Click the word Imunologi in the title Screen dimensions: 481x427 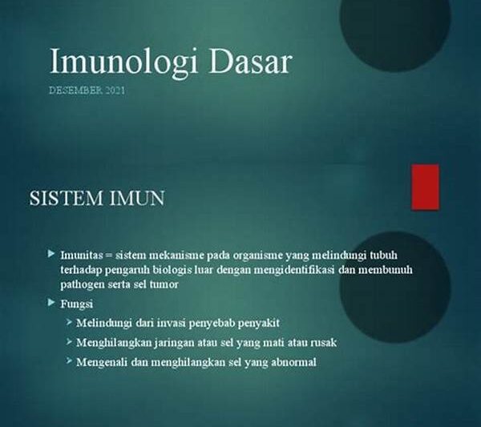tap(123, 62)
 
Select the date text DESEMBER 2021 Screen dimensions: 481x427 tap(87, 90)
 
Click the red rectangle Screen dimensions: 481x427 tap(425, 187)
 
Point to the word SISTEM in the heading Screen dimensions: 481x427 tap(66, 198)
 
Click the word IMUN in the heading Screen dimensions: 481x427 tap(137, 198)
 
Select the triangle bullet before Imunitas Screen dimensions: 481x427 tap(51, 253)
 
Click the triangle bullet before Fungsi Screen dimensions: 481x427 tap(51, 303)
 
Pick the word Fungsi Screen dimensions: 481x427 tap(77, 304)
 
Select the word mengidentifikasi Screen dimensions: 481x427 tap(294, 270)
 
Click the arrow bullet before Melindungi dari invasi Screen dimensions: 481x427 tap(69, 322)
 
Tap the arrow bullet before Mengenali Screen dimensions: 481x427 tap(69, 361)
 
